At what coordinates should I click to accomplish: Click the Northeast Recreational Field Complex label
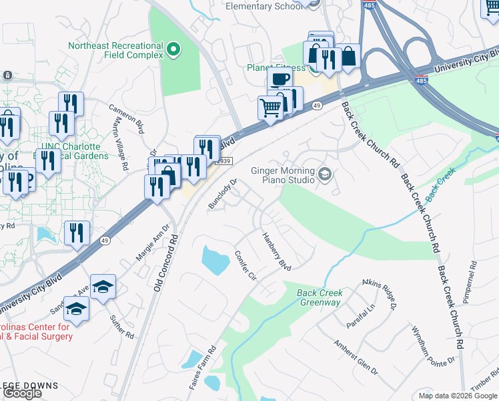[116, 50]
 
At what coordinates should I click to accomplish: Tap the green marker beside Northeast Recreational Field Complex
[173, 49]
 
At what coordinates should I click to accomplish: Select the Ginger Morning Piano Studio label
[282, 175]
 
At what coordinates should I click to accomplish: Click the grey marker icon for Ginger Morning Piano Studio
[325, 175]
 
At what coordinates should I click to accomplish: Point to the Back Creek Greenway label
[320, 297]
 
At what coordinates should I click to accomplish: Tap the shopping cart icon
[270, 107]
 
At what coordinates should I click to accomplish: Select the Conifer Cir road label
[245, 266]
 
